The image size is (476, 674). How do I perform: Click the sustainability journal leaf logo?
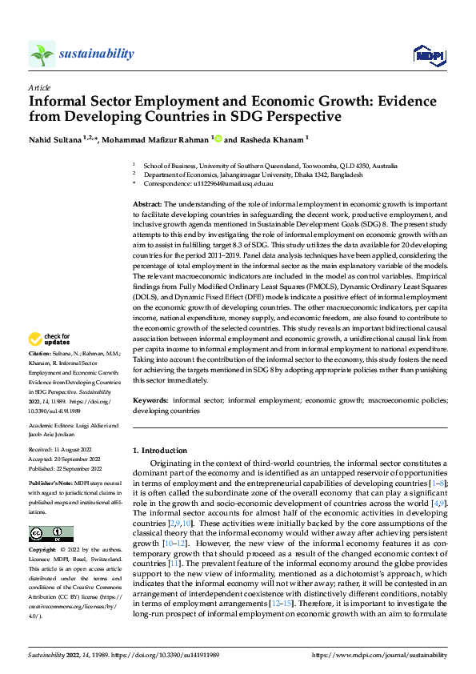click(42, 54)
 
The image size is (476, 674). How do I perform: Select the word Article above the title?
click(38, 87)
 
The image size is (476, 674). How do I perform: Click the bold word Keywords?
click(150, 400)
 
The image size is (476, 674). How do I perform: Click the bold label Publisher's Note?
click(50, 484)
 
